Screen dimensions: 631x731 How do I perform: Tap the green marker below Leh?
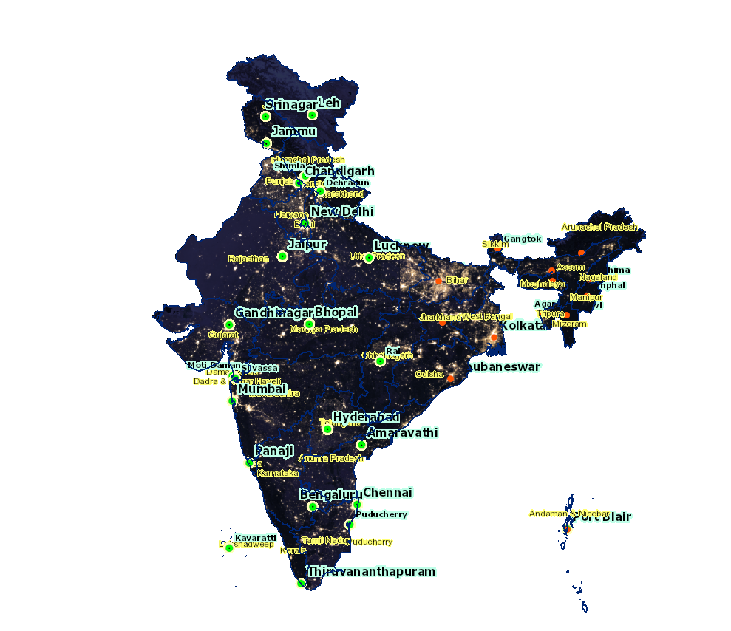[x=313, y=115]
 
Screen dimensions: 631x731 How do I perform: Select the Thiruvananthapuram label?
[x=372, y=571]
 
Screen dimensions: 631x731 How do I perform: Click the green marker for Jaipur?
[x=282, y=256]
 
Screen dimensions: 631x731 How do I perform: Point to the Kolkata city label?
[x=525, y=325]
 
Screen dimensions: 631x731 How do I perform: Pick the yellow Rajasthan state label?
[x=248, y=259]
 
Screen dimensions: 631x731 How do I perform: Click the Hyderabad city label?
[x=366, y=417]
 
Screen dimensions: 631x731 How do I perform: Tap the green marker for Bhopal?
[x=309, y=324]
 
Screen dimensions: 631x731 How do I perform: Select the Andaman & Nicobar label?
[x=569, y=514]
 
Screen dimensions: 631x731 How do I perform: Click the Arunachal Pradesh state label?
[x=599, y=227]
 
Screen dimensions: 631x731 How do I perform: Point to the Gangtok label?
[x=523, y=239]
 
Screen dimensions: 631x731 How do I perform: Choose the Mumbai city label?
[x=262, y=389]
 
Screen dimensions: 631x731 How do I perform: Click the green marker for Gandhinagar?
[x=229, y=324]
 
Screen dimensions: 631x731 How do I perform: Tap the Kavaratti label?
[x=256, y=537]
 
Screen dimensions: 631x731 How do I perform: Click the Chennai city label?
[x=387, y=492]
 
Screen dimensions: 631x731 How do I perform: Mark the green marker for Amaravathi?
[x=361, y=445]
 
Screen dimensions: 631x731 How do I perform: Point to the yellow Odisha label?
[x=429, y=375]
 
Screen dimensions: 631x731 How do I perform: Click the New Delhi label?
[x=341, y=211]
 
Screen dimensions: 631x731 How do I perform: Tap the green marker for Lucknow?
[x=369, y=258]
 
